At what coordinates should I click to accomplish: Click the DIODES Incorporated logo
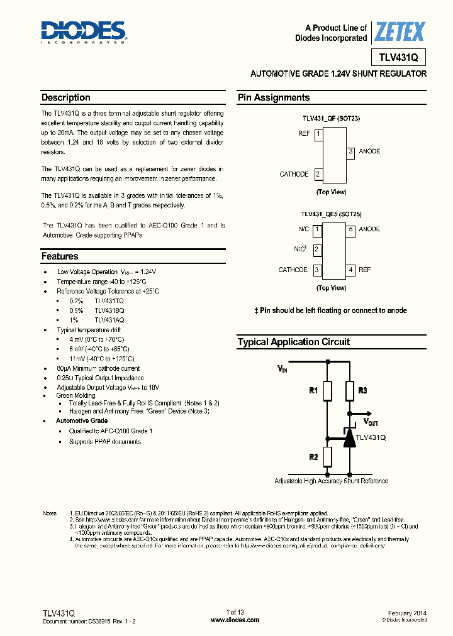[x=84, y=32]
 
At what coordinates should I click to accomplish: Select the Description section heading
[x=66, y=98]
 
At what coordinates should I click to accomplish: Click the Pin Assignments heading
[x=274, y=98]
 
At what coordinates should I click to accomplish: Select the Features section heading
[x=60, y=256]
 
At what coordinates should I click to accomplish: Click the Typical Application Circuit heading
[x=293, y=343]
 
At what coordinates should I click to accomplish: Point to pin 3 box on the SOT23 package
[x=351, y=151]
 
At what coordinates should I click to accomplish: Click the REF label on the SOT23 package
[x=304, y=134]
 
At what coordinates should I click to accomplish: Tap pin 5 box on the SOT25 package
[x=351, y=229]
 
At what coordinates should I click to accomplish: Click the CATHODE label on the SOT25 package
[x=293, y=270]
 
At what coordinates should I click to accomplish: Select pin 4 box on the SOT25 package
[x=351, y=270]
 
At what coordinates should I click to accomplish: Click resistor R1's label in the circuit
[x=313, y=391]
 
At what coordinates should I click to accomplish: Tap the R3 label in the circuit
[x=362, y=391]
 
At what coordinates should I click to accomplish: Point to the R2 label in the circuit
[x=313, y=457]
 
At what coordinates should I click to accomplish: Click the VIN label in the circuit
[x=282, y=370]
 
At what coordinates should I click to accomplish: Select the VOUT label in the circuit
[x=371, y=423]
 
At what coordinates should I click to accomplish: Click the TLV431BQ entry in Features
[x=109, y=310]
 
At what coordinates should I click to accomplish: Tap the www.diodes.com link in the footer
[x=235, y=620]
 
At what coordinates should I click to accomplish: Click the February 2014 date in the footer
[x=407, y=613]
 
